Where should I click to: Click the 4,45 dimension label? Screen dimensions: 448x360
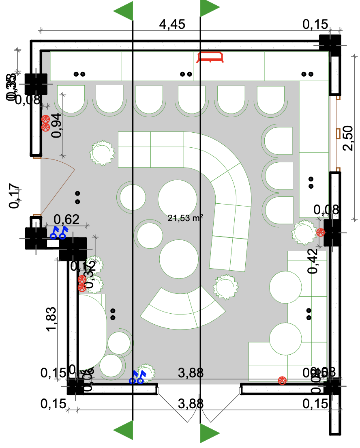172,24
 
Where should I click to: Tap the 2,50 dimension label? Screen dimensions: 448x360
348,138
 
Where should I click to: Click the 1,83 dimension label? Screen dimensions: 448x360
51,318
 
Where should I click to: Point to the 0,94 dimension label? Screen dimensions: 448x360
57,126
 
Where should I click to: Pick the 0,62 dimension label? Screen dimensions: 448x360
66,220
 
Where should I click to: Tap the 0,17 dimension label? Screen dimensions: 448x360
15,196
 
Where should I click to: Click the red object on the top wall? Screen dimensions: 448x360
210,57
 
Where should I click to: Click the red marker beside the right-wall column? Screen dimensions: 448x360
321,232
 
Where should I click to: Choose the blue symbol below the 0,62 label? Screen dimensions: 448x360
58,233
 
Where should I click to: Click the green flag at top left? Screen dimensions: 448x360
124,11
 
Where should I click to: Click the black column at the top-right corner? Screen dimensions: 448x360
330,45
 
